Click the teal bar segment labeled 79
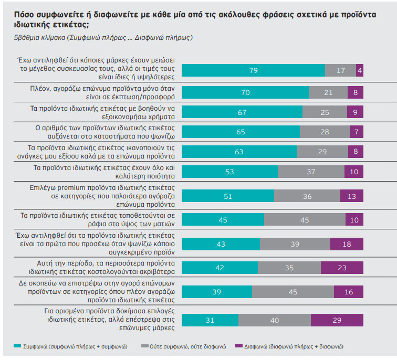[x=254, y=70]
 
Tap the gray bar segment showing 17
[x=340, y=70]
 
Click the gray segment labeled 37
[x=311, y=171]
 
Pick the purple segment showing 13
[x=352, y=196]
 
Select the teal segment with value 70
[x=245, y=92]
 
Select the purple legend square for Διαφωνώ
[x=239, y=346]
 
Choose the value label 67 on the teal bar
[x=242, y=112]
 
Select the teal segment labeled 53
[x=230, y=171]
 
